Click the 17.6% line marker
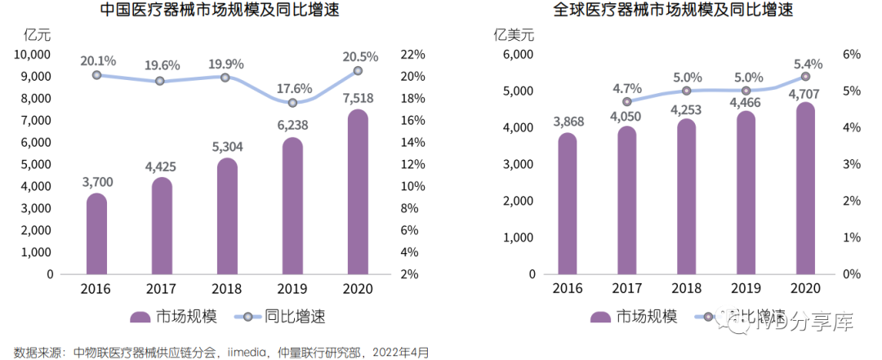(x=293, y=103)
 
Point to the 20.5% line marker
(x=358, y=71)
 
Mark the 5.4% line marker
(x=805, y=77)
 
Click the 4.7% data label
(x=627, y=88)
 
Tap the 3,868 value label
(x=568, y=122)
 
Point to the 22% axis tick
(x=415, y=55)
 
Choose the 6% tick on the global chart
(x=852, y=55)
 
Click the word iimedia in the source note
(x=247, y=353)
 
